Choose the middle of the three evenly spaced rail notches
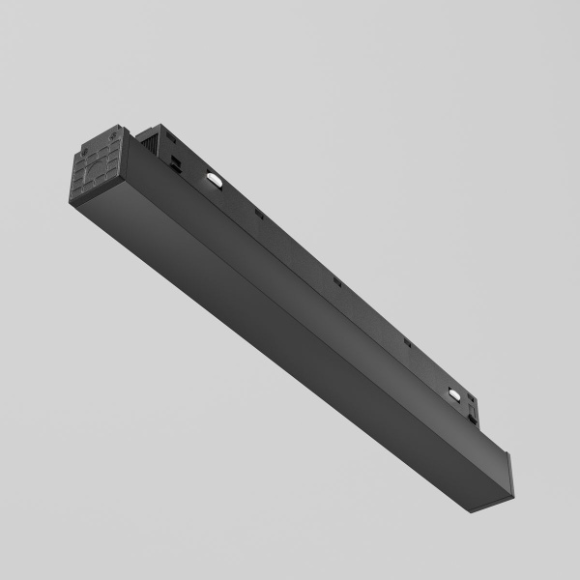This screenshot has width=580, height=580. click(337, 281)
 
